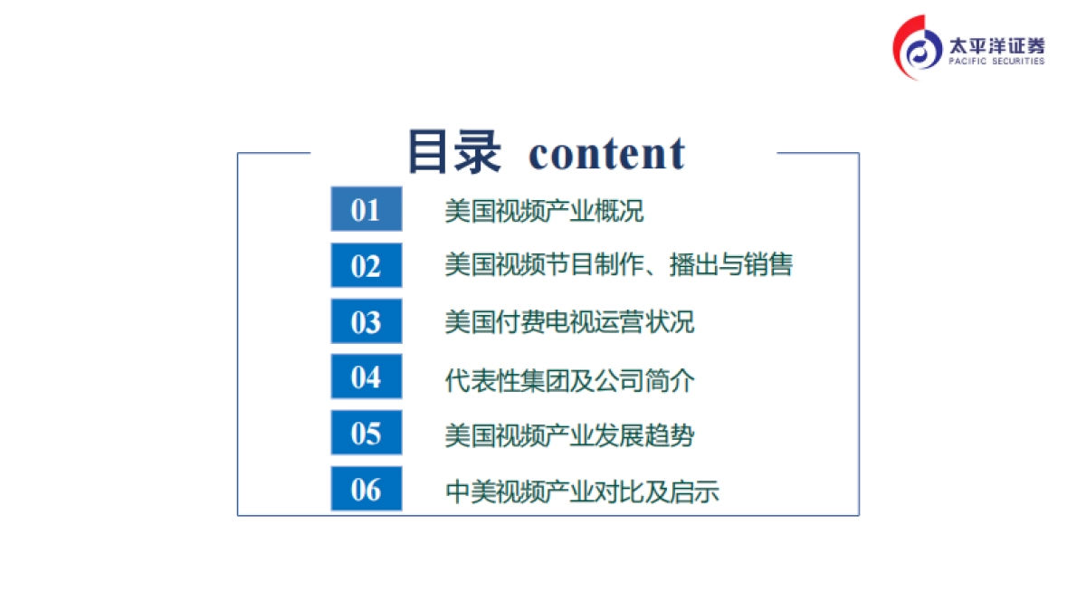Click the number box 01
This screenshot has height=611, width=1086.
coord(366,209)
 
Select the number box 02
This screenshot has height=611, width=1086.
coord(366,266)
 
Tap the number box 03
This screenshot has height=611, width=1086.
coord(366,322)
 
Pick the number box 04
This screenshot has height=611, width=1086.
coord(366,377)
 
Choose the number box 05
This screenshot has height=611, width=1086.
coord(366,434)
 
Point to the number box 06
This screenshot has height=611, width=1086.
coord(366,490)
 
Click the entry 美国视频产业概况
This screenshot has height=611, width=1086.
coord(544,212)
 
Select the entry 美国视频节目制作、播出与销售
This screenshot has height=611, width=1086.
coord(618,265)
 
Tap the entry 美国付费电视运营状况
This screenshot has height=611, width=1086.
coord(569,322)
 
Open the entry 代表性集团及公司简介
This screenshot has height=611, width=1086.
coord(569,380)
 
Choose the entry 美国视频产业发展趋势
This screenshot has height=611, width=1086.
coord(569,435)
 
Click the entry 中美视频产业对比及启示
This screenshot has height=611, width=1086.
coord(582,492)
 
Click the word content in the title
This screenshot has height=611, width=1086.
coord(606,154)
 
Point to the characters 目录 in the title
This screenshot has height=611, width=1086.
coord(453,152)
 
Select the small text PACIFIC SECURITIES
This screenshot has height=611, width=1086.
coord(995,62)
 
